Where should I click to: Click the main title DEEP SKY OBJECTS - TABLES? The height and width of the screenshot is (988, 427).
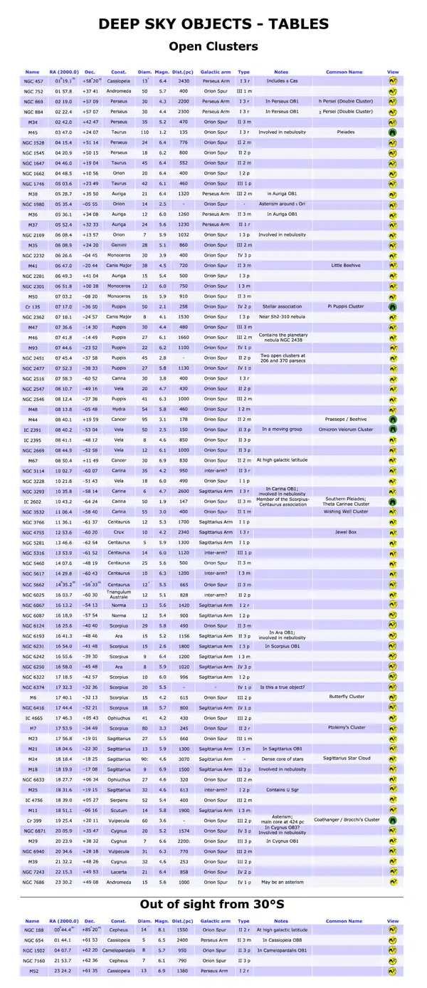click(213, 24)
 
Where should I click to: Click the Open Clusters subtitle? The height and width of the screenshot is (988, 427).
click(213, 47)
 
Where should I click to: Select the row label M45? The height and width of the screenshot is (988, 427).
click(33, 132)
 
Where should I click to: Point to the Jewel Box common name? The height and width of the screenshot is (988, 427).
click(344, 532)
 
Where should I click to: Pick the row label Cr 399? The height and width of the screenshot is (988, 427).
click(33, 820)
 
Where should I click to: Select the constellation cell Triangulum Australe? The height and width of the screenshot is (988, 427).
click(119, 594)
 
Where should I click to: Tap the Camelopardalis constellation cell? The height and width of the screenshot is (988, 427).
click(119, 950)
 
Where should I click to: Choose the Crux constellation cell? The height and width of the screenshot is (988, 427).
click(119, 532)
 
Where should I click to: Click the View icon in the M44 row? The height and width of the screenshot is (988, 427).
click(392, 420)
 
